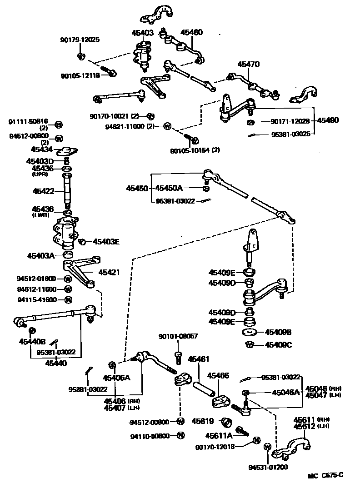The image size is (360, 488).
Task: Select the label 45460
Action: pyautogui.click(x=191, y=33)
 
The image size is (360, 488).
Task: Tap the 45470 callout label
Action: pyautogui.click(x=248, y=65)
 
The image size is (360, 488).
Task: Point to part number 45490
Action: pyautogui.click(x=328, y=121)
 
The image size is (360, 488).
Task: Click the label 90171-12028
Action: pyautogui.click(x=290, y=121)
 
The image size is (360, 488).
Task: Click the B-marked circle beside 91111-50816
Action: pyautogui.click(x=59, y=124)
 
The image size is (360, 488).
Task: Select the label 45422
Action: pyautogui.click(x=42, y=192)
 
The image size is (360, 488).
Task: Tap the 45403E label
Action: pyautogui.click(x=106, y=242)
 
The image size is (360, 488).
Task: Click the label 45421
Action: pyautogui.click(x=110, y=272)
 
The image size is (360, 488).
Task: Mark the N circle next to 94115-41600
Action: pyautogui.click(x=68, y=299)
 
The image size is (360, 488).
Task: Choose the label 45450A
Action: pyautogui.click(x=169, y=188)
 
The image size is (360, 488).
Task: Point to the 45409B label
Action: pyautogui.click(x=278, y=332)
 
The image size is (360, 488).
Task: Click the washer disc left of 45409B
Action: pyautogui.click(x=249, y=332)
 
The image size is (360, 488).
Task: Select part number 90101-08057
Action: pyautogui.click(x=178, y=337)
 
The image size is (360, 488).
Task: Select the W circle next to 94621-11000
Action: pyautogui.click(x=167, y=126)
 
